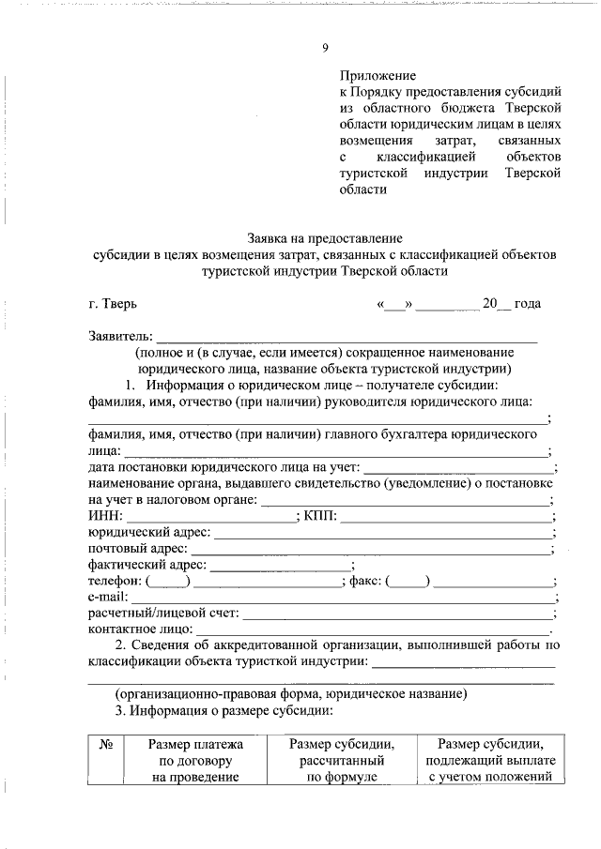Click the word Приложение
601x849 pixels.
[x=378, y=75]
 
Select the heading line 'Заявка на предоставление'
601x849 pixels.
[x=324, y=238]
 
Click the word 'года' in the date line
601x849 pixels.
[x=528, y=304]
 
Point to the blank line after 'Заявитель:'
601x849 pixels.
[x=347, y=337]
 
